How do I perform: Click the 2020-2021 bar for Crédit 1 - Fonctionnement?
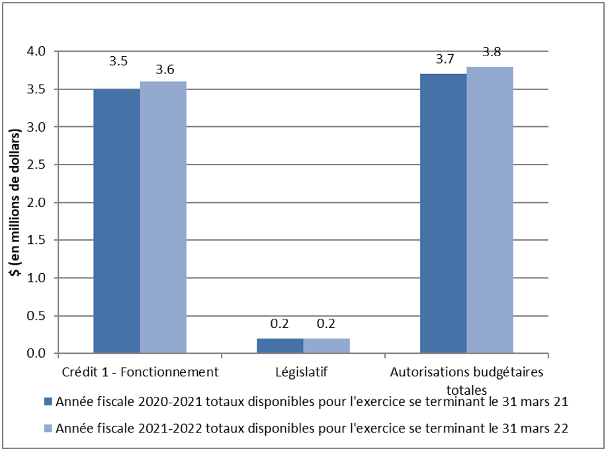116,221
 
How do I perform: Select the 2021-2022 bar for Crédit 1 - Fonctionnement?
163,218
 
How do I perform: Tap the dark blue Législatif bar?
280,346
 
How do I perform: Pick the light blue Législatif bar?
326,346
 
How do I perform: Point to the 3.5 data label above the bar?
118,61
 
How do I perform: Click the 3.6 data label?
165,69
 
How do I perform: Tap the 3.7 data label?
445,60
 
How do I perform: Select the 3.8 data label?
492,52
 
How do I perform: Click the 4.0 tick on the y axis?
35,52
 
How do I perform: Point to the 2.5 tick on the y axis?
35,165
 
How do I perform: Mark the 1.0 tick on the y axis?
35,278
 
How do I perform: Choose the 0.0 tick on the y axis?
35,354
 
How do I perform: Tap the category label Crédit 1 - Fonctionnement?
140,372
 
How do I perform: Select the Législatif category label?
303,372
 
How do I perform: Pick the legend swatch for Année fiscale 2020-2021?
48,402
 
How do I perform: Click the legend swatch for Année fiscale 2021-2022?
48,429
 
